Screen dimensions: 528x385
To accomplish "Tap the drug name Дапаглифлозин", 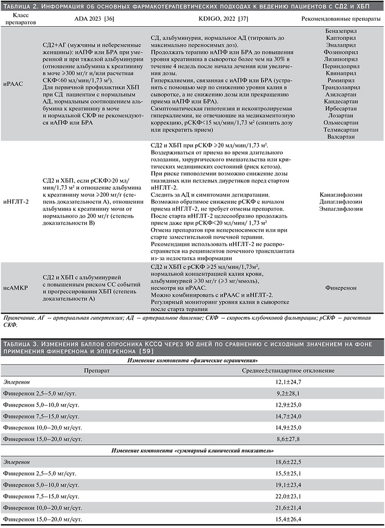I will [x=341, y=202].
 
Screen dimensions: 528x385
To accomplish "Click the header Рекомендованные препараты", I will [x=341, y=18].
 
